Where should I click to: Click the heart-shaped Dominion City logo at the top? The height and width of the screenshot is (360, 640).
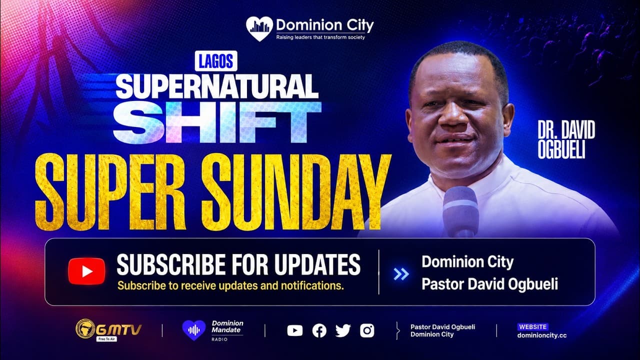[x=259, y=28]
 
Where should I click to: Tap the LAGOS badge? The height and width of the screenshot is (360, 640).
[x=216, y=61]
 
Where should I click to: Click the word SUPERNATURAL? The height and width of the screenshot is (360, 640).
[x=217, y=86]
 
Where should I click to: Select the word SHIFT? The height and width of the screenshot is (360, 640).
[x=217, y=122]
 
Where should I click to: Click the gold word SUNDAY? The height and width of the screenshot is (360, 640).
[x=296, y=192]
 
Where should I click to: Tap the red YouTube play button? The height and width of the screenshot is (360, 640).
[x=86, y=271]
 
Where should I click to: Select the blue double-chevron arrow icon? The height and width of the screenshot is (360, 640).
[x=401, y=274]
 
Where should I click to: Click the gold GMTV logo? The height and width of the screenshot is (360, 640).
[x=108, y=329]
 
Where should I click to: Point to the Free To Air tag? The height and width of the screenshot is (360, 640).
[x=106, y=339]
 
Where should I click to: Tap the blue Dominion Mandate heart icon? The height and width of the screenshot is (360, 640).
[x=194, y=330]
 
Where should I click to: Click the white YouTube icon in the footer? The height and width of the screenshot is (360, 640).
[x=295, y=331]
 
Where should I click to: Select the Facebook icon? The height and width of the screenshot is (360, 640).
[x=319, y=331]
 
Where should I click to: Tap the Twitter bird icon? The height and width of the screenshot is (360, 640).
[x=343, y=331]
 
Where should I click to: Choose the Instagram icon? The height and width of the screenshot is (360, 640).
[x=367, y=331]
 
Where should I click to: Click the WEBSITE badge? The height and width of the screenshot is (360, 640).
[x=533, y=327]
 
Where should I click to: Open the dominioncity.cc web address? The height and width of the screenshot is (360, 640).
[x=542, y=335]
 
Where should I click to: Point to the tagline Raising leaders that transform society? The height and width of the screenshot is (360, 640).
[x=320, y=37]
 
